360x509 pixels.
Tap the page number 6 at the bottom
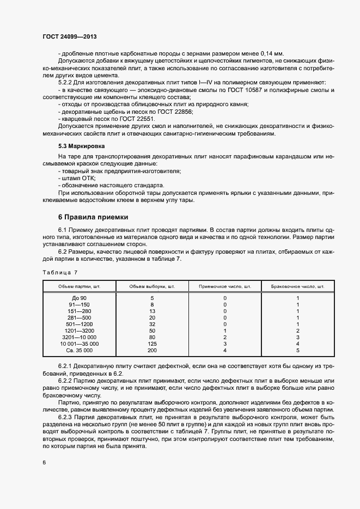click(x=44, y=462)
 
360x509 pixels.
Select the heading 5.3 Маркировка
click(x=81, y=146)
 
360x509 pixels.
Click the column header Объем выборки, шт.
click(x=152, y=286)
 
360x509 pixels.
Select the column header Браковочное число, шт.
click(x=297, y=286)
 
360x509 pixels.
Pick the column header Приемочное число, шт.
click(x=225, y=286)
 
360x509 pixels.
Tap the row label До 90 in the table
click(x=80, y=298)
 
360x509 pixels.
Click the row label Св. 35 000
click(x=80, y=351)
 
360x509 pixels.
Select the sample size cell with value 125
click(x=152, y=344)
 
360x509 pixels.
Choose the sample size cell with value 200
click(x=152, y=351)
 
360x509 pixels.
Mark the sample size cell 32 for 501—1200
click(x=152, y=324)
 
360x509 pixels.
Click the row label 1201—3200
click(x=80, y=331)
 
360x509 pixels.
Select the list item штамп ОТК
click(x=78, y=177)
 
